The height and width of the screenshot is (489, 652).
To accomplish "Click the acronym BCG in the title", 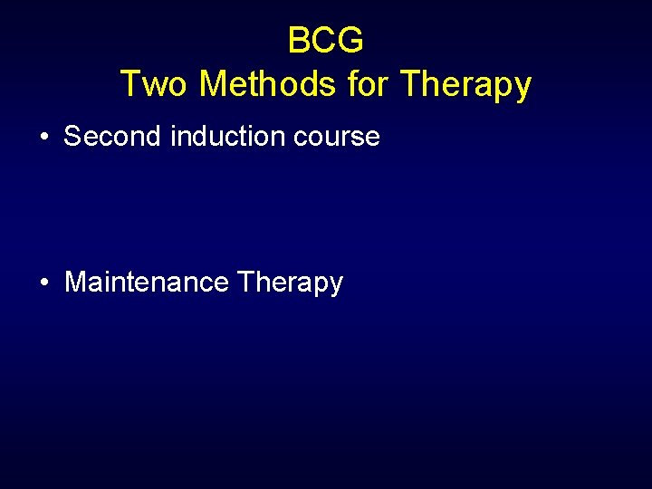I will click(x=326, y=41).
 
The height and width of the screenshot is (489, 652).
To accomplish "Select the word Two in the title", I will click(x=155, y=84).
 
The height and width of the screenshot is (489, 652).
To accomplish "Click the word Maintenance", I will click(x=147, y=283).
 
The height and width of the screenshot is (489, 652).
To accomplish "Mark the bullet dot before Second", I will click(x=44, y=138).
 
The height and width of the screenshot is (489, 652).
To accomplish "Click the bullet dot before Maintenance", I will click(x=44, y=283).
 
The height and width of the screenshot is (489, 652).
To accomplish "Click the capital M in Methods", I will click(x=214, y=84).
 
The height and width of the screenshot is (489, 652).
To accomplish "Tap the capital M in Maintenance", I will click(x=75, y=283).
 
